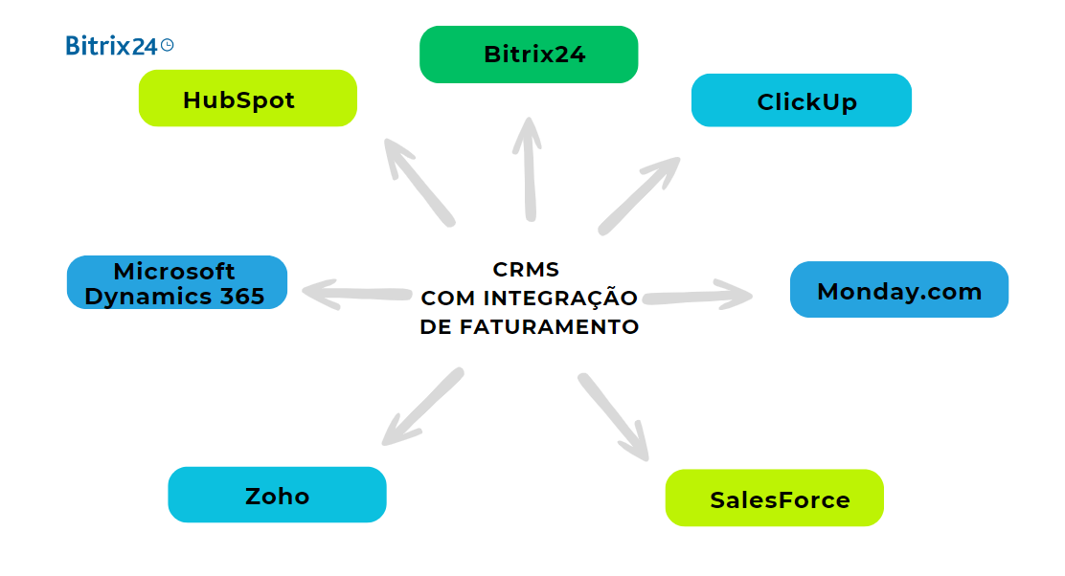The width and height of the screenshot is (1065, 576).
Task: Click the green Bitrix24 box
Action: (529, 55)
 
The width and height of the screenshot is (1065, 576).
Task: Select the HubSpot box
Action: (247, 99)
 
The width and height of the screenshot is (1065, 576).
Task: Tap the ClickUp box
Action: (801, 100)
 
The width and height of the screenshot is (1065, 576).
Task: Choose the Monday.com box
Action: (898, 290)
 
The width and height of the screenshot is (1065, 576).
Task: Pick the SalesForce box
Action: (774, 498)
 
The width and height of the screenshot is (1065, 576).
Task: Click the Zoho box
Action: (277, 495)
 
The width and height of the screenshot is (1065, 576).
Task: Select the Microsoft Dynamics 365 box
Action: (176, 282)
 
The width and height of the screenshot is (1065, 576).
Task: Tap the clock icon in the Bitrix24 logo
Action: (168, 44)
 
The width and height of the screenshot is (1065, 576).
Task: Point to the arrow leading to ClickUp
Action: (638, 195)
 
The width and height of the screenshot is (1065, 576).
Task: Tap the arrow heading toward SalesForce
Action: (614, 416)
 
